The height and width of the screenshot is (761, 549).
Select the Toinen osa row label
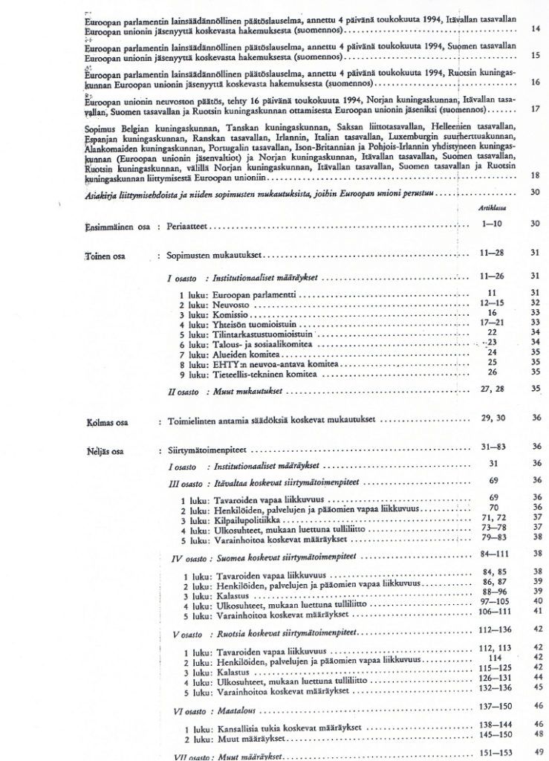105,256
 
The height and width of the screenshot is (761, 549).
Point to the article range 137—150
493,705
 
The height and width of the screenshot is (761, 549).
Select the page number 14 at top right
536,29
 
